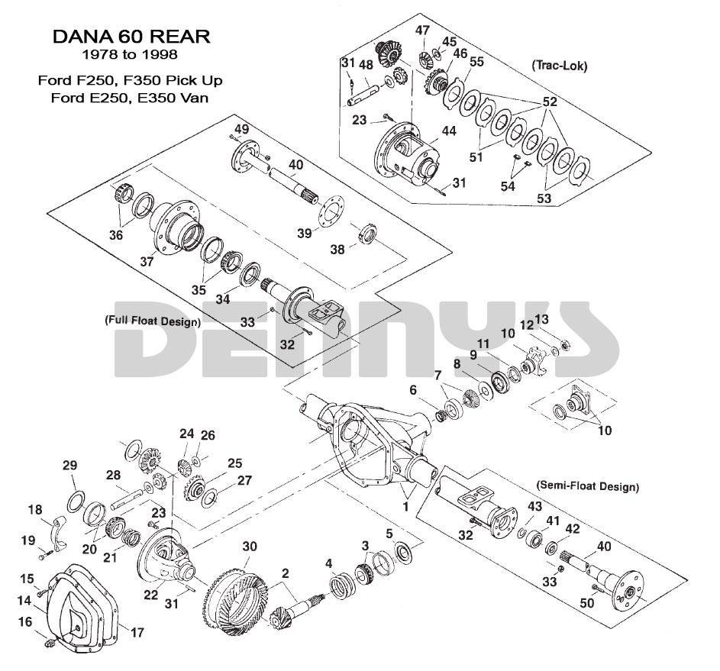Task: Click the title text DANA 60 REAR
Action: [131, 37]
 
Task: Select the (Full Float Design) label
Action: [153, 321]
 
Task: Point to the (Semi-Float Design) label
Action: [588, 486]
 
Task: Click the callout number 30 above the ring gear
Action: [250, 547]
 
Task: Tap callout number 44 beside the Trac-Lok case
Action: [448, 131]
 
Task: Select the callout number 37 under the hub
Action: [148, 261]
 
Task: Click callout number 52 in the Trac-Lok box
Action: [550, 102]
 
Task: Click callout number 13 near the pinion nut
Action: [541, 318]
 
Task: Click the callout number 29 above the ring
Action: [69, 466]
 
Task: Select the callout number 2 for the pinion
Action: [286, 573]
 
